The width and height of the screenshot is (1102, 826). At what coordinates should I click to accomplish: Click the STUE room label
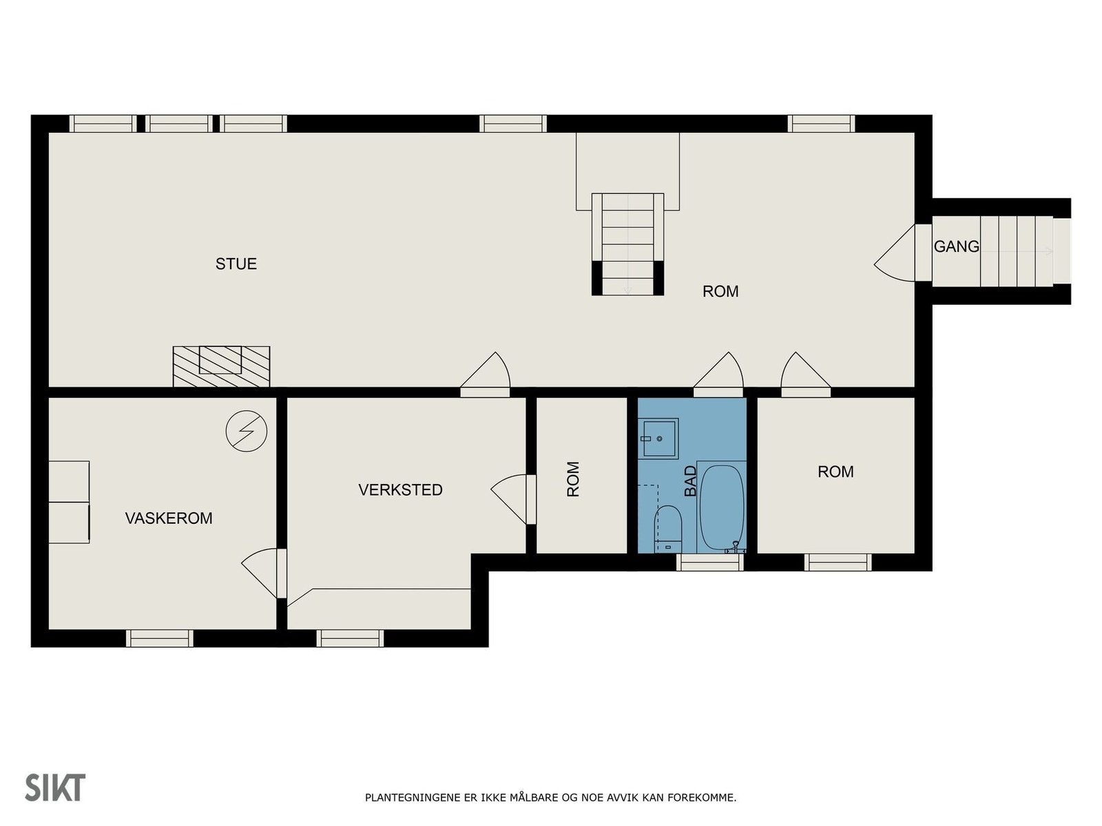pos(236,264)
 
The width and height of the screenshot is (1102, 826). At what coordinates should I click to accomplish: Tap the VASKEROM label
pos(169,518)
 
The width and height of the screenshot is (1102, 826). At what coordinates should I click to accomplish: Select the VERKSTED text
pos(400,490)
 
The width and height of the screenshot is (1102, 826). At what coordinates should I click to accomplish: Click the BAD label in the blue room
pos(691,481)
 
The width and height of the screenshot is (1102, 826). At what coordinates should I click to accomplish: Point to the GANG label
pos(957,246)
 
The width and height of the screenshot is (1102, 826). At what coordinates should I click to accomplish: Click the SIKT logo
pos(55,788)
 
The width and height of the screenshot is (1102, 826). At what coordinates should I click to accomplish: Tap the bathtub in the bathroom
pos(721,507)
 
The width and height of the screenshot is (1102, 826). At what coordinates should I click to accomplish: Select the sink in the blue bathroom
pos(659,438)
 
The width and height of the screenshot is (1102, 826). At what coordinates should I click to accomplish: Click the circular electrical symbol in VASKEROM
pos(246,431)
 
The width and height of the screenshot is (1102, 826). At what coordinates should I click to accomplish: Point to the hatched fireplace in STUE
pos(221,367)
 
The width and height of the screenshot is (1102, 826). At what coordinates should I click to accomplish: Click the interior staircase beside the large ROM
pos(627,244)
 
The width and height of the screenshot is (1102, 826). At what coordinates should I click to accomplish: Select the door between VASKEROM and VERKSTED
pos(264,573)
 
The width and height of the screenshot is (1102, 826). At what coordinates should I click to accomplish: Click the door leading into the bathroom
pos(718,374)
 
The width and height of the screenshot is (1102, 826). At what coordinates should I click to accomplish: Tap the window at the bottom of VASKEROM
pos(160,639)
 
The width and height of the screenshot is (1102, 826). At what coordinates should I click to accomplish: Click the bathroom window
pos(710,562)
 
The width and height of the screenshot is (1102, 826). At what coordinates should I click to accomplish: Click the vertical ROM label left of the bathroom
pos(573,480)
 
